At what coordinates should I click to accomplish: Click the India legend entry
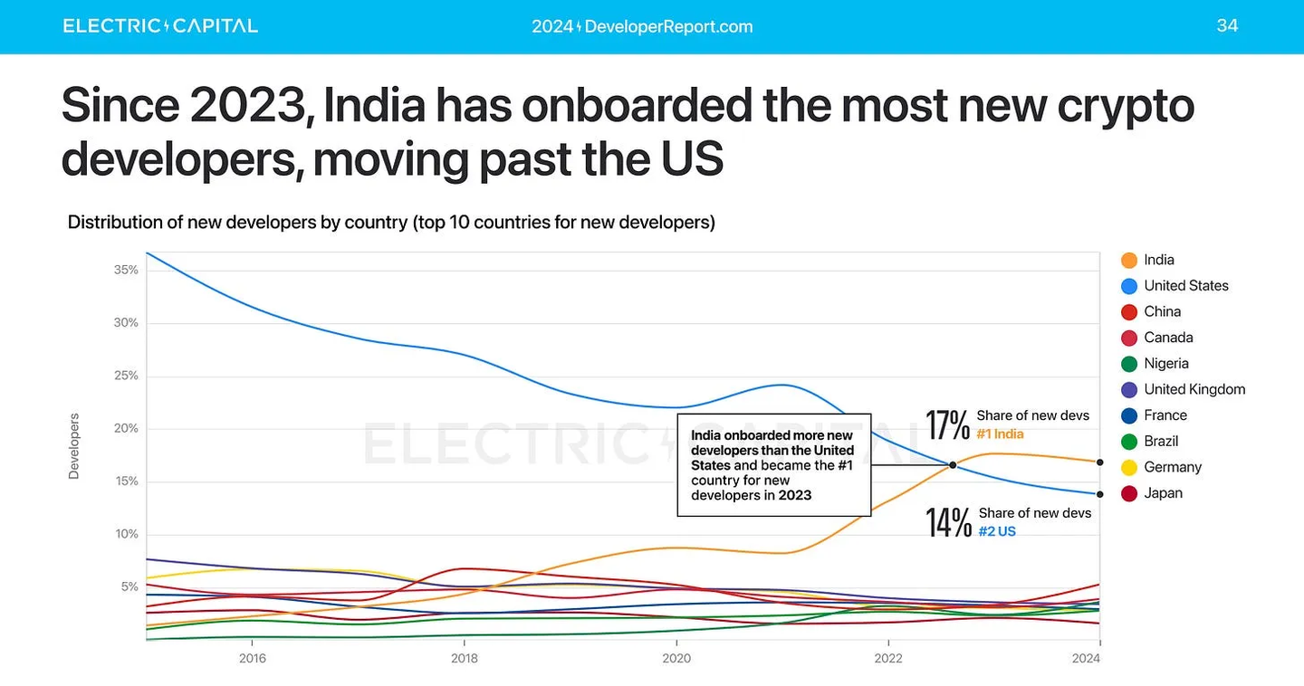[x=1147, y=260]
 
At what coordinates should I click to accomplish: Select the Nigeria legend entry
[x=1154, y=364]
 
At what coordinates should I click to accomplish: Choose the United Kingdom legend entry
[x=1183, y=389]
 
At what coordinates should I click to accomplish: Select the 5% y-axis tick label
[x=129, y=586]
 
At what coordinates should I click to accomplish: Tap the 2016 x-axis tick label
[x=252, y=658]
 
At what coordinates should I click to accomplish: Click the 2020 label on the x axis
[x=676, y=658]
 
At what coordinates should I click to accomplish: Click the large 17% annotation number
[x=947, y=424]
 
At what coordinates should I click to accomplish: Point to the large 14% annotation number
[x=947, y=522]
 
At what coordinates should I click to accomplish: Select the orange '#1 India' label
[x=1000, y=434]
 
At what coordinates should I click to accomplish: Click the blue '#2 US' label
[x=997, y=532]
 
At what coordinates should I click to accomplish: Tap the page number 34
[x=1227, y=25]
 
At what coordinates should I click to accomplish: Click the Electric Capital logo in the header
[x=160, y=25]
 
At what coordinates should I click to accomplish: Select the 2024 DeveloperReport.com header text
[x=642, y=26]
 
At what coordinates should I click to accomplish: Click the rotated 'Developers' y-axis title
[x=74, y=445]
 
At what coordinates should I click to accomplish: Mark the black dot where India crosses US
[x=953, y=465]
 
